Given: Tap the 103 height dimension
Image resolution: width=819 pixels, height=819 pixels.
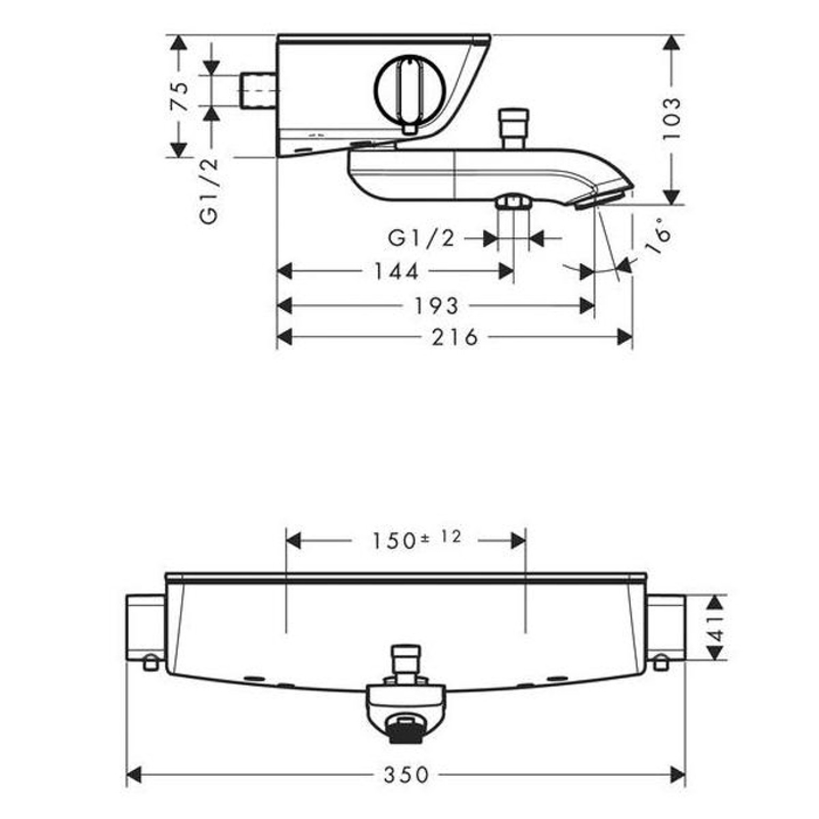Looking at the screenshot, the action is click(x=672, y=119).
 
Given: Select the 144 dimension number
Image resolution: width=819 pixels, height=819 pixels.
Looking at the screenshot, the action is click(x=396, y=272).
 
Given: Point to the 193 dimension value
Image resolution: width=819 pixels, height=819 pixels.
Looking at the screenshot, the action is click(x=436, y=306).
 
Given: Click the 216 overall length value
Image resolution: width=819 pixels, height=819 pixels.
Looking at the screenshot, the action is click(x=455, y=337).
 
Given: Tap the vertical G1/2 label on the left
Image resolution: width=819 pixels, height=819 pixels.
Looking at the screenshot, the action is click(x=209, y=191).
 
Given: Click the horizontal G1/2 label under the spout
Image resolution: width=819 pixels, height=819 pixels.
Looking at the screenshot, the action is click(x=421, y=238).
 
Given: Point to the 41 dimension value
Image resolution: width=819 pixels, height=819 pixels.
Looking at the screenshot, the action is click(x=716, y=627).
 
